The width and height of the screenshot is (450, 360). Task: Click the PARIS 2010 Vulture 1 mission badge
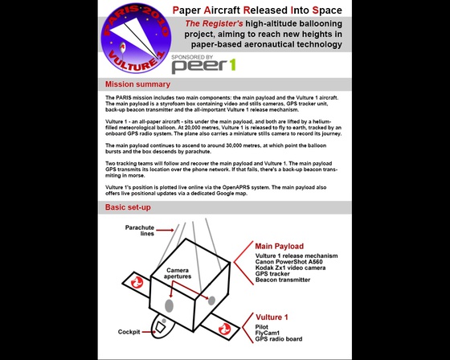[136, 38]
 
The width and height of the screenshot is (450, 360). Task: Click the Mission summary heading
[137, 84]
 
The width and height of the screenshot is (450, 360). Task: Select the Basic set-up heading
[128, 207]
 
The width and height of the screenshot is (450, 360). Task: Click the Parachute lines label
[140, 231]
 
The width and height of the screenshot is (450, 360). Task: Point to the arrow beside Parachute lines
[165, 230]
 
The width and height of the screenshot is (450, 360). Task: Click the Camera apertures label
[178, 273]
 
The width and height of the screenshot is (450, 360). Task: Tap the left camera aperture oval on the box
[169, 305]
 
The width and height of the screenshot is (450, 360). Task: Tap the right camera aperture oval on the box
[211, 301]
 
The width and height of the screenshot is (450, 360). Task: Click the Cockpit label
[129, 332]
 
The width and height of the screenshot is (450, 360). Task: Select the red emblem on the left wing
[137, 283]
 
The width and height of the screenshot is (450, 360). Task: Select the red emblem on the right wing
[224, 329]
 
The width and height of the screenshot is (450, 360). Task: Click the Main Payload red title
[280, 247]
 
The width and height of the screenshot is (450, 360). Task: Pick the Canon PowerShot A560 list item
[288, 262]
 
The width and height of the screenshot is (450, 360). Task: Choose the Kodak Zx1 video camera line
[290, 268]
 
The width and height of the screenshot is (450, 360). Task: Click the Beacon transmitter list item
[283, 280]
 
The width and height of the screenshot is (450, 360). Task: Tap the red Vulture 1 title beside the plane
[272, 317]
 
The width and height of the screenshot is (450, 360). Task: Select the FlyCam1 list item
[267, 333]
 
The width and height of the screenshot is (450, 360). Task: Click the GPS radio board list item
[279, 339]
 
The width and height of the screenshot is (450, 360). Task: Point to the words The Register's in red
[214, 23]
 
